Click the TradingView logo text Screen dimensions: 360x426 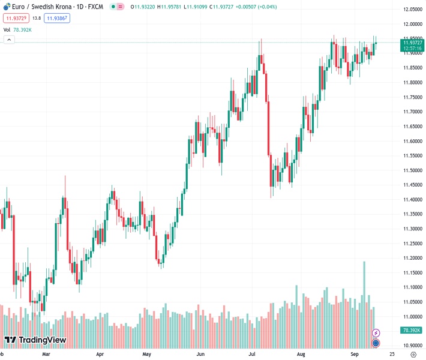click(42, 340)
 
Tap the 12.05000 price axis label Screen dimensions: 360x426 click(412, 10)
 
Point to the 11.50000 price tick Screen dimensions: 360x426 click(412, 170)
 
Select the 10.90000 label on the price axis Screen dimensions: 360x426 click(412, 346)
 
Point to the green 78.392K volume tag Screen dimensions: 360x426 click(412, 331)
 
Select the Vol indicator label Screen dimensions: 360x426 click(7, 29)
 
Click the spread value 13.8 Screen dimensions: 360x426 click(37, 18)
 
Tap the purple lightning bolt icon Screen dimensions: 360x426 click(376, 332)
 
